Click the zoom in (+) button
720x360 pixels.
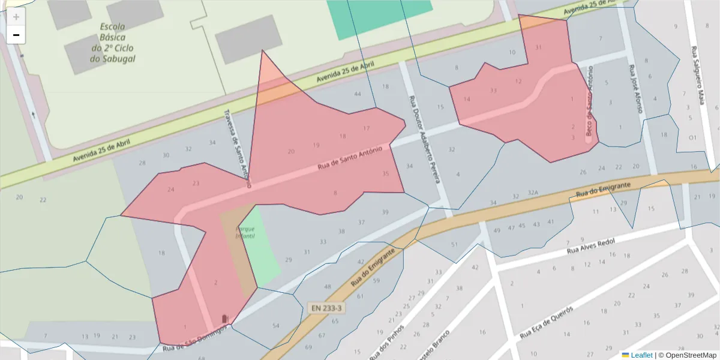point(16,17)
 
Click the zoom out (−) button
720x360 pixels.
point(16,35)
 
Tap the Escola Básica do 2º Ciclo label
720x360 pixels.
point(113,43)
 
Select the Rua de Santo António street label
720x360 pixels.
point(349,158)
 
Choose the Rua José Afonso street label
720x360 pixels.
point(636,89)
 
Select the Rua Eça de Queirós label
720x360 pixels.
point(546,322)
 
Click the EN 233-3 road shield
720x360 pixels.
point(327,308)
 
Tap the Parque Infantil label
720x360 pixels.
point(245,233)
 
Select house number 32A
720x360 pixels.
point(533,194)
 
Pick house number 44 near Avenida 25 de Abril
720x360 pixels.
point(358,94)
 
